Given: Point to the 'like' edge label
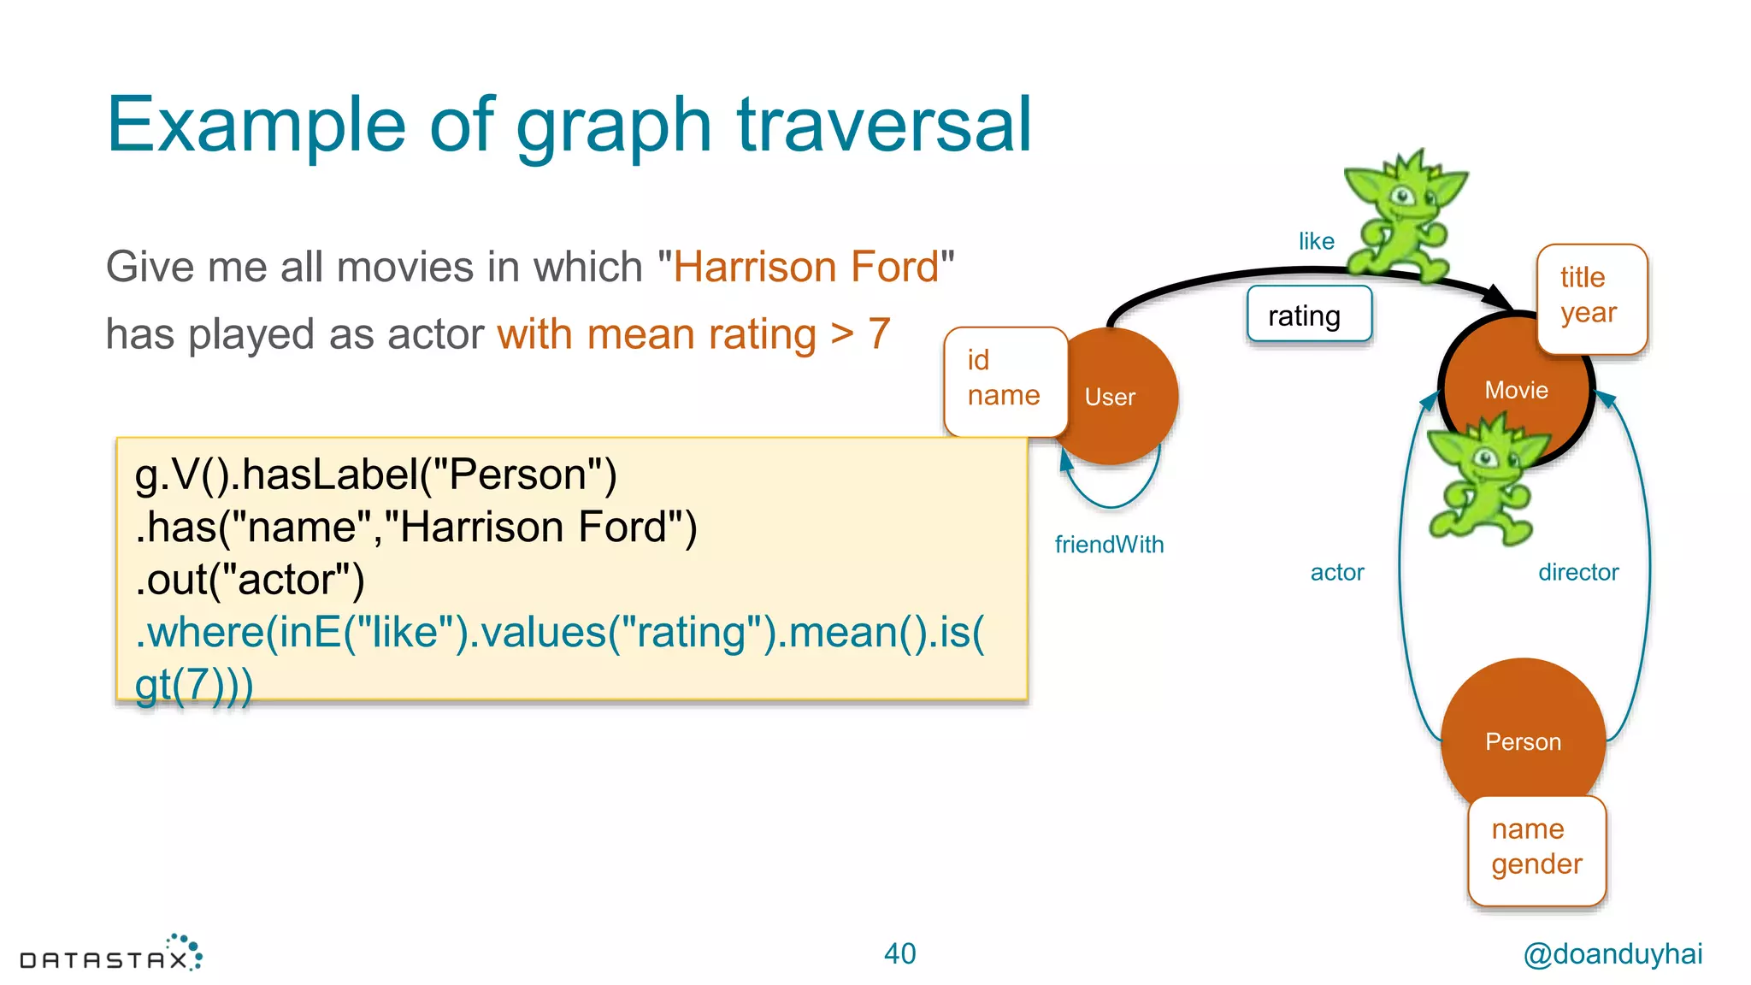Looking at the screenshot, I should click(1316, 241).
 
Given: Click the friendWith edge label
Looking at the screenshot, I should click(1109, 545).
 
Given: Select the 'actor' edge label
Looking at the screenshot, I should click(1337, 572).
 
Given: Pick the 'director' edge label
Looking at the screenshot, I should click(1578, 572).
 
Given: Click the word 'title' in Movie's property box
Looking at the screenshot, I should click(1582, 278).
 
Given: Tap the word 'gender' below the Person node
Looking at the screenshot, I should click(1536, 864).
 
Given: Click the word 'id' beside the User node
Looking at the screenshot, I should click(978, 360).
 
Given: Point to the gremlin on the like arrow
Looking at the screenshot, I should click(1402, 218).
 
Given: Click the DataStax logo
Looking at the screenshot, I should click(111, 954).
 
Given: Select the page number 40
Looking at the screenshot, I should click(899, 953).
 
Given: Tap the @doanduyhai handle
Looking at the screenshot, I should click(1612, 953).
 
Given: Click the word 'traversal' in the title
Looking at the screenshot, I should click(884, 126).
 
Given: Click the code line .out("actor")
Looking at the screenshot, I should click(250, 580).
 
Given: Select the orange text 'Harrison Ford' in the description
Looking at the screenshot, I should click(805, 267).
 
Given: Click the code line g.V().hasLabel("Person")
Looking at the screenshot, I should click(375, 475).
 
